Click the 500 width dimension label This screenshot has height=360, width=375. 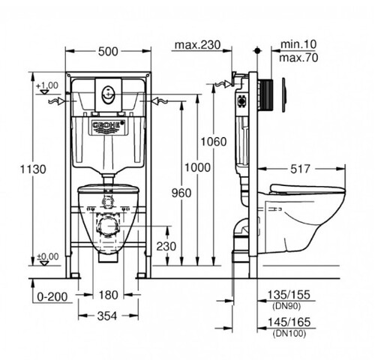click(x=108, y=52)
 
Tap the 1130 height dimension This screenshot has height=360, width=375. click(x=33, y=169)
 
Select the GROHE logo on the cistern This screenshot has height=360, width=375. click(x=108, y=126)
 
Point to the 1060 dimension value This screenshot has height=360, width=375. click(x=214, y=142)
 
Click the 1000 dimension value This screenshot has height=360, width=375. click(x=197, y=168)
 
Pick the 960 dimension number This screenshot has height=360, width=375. click(x=181, y=193)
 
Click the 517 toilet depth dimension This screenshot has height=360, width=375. click(x=300, y=169)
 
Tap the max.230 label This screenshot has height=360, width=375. click(x=198, y=45)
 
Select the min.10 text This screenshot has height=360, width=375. click(x=298, y=44)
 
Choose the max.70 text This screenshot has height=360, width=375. click(x=298, y=58)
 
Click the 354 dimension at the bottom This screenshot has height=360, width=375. click(x=107, y=316)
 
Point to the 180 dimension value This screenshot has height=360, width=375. click(x=108, y=295)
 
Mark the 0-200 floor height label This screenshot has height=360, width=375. click(x=52, y=297)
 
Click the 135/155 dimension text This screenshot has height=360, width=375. click(x=289, y=295)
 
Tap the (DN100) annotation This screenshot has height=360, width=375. click(x=289, y=333)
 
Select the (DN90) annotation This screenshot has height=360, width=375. click(x=286, y=306)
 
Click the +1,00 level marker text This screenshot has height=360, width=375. click(x=47, y=85)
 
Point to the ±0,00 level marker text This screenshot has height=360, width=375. click(x=47, y=256)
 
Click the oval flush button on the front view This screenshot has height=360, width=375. click(x=108, y=95)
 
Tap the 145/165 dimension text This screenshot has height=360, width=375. click(x=289, y=322)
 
